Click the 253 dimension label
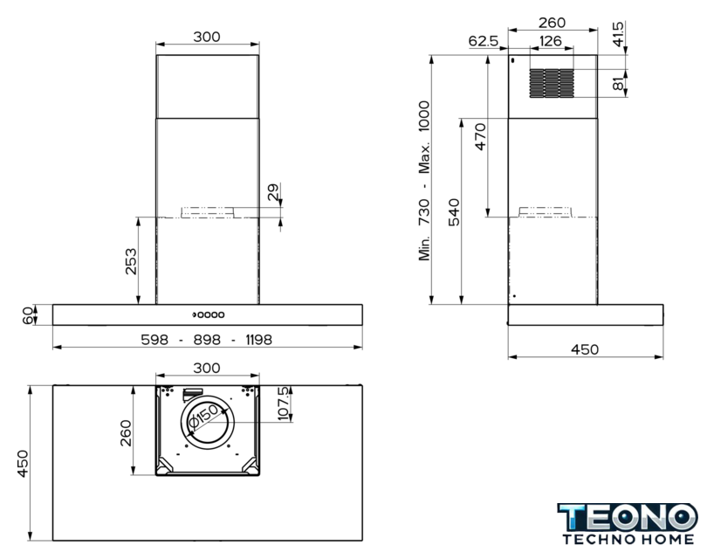tap(131, 261)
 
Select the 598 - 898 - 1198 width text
tap(207, 339)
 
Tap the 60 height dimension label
tap(28, 315)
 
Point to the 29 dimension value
tap(273, 192)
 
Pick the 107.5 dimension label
tap(284, 404)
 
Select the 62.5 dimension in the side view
tap(483, 41)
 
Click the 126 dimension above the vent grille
tap(550, 41)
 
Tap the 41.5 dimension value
tap(618, 33)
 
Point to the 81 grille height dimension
tap(618, 84)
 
